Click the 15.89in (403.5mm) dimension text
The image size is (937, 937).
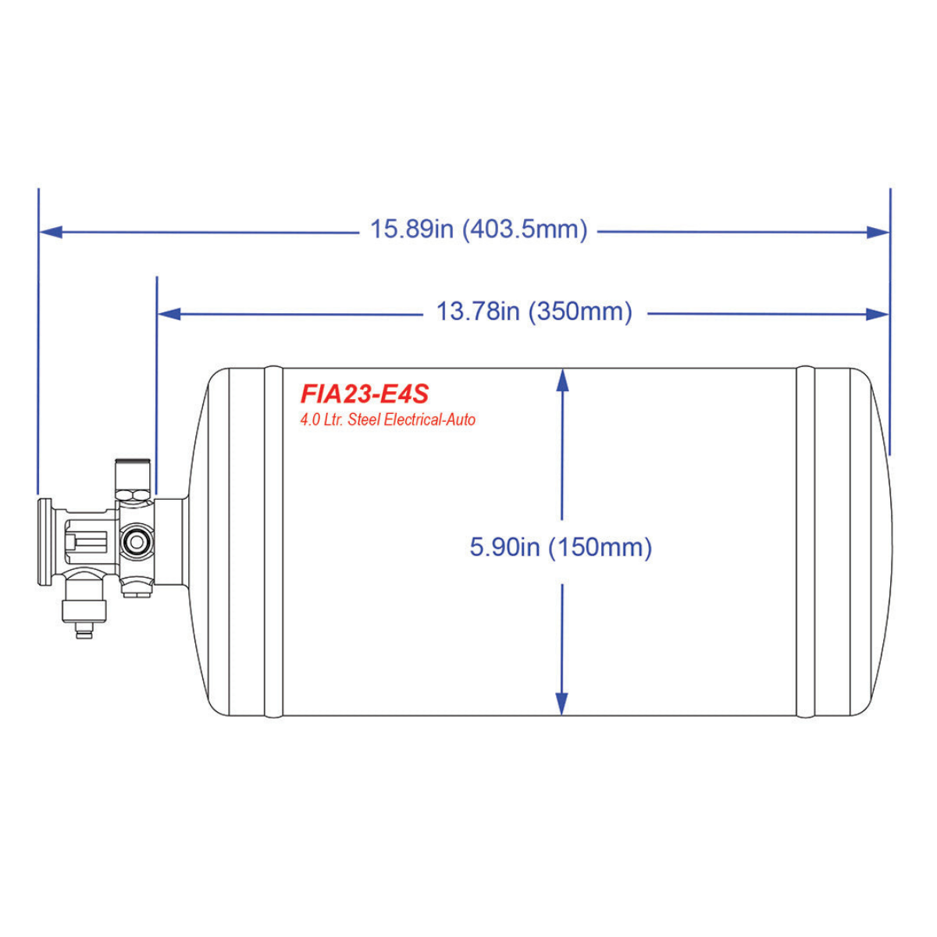click(x=478, y=230)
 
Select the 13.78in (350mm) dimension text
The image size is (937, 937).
click(x=534, y=312)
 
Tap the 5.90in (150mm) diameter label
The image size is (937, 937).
click(x=561, y=547)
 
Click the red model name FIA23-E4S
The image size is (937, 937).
click(x=365, y=393)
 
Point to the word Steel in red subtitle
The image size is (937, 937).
click(x=364, y=420)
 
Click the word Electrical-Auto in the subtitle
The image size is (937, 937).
click(x=429, y=420)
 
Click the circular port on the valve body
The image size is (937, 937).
click(x=138, y=541)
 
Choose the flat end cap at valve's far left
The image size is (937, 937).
click(x=45, y=541)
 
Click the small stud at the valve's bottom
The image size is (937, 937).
click(x=84, y=629)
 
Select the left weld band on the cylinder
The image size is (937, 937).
click(x=273, y=541)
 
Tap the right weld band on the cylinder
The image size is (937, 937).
click(x=805, y=541)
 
